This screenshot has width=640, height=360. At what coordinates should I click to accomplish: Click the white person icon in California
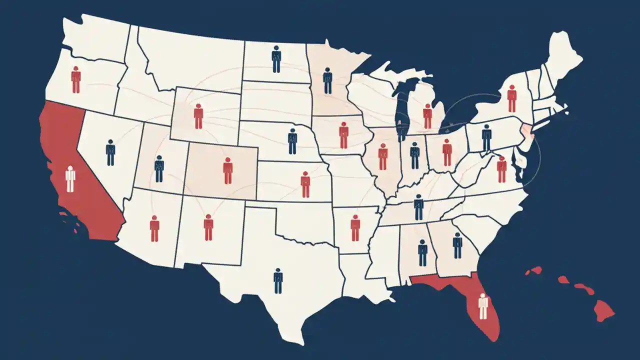(x=70, y=179)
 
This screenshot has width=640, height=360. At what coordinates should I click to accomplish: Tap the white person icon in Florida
(x=482, y=306)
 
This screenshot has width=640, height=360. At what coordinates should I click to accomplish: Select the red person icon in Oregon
(x=75, y=79)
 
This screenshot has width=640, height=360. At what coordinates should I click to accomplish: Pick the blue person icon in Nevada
(x=110, y=152)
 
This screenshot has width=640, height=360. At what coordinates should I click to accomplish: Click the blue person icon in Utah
(x=159, y=168)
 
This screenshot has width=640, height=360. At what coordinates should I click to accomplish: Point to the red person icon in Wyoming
(x=198, y=116)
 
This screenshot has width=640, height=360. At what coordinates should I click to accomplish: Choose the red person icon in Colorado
(x=228, y=170)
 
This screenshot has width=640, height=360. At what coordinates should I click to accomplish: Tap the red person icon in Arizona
(x=154, y=228)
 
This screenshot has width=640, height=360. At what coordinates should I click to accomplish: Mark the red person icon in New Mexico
(x=208, y=227)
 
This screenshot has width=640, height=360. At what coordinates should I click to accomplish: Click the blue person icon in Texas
(x=278, y=280)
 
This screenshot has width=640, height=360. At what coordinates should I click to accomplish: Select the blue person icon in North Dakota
(x=276, y=59)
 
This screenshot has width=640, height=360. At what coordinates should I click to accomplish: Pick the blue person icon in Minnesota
(x=327, y=80)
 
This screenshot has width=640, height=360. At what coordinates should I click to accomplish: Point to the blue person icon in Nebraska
(x=292, y=141)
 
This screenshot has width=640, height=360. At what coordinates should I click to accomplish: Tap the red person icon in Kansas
(x=305, y=184)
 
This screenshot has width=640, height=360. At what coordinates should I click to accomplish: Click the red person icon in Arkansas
(x=355, y=227)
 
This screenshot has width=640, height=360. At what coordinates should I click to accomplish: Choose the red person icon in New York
(x=511, y=98)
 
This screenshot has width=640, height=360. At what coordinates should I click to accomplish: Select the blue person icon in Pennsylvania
(x=486, y=137)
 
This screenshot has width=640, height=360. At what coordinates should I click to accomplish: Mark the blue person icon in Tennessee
(x=418, y=206)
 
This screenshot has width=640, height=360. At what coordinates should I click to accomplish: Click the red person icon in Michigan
(x=427, y=116)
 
